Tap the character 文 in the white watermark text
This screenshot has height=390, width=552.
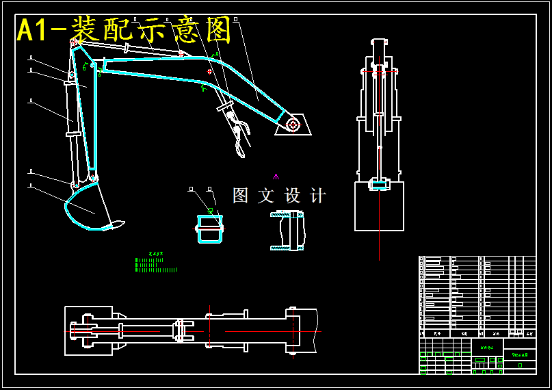(265, 196)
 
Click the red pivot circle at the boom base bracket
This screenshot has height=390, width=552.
(293, 124)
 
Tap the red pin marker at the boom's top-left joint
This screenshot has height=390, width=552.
(74, 42)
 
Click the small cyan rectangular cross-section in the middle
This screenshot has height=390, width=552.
(210, 229)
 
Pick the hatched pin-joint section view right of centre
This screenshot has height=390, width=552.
(289, 231)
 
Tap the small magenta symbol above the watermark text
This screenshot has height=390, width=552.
(276, 177)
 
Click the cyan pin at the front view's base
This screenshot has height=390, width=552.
(378, 184)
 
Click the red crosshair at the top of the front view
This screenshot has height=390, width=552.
(379, 69)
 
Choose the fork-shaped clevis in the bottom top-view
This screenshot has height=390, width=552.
(183, 331)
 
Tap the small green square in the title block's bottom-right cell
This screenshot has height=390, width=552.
(520, 365)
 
